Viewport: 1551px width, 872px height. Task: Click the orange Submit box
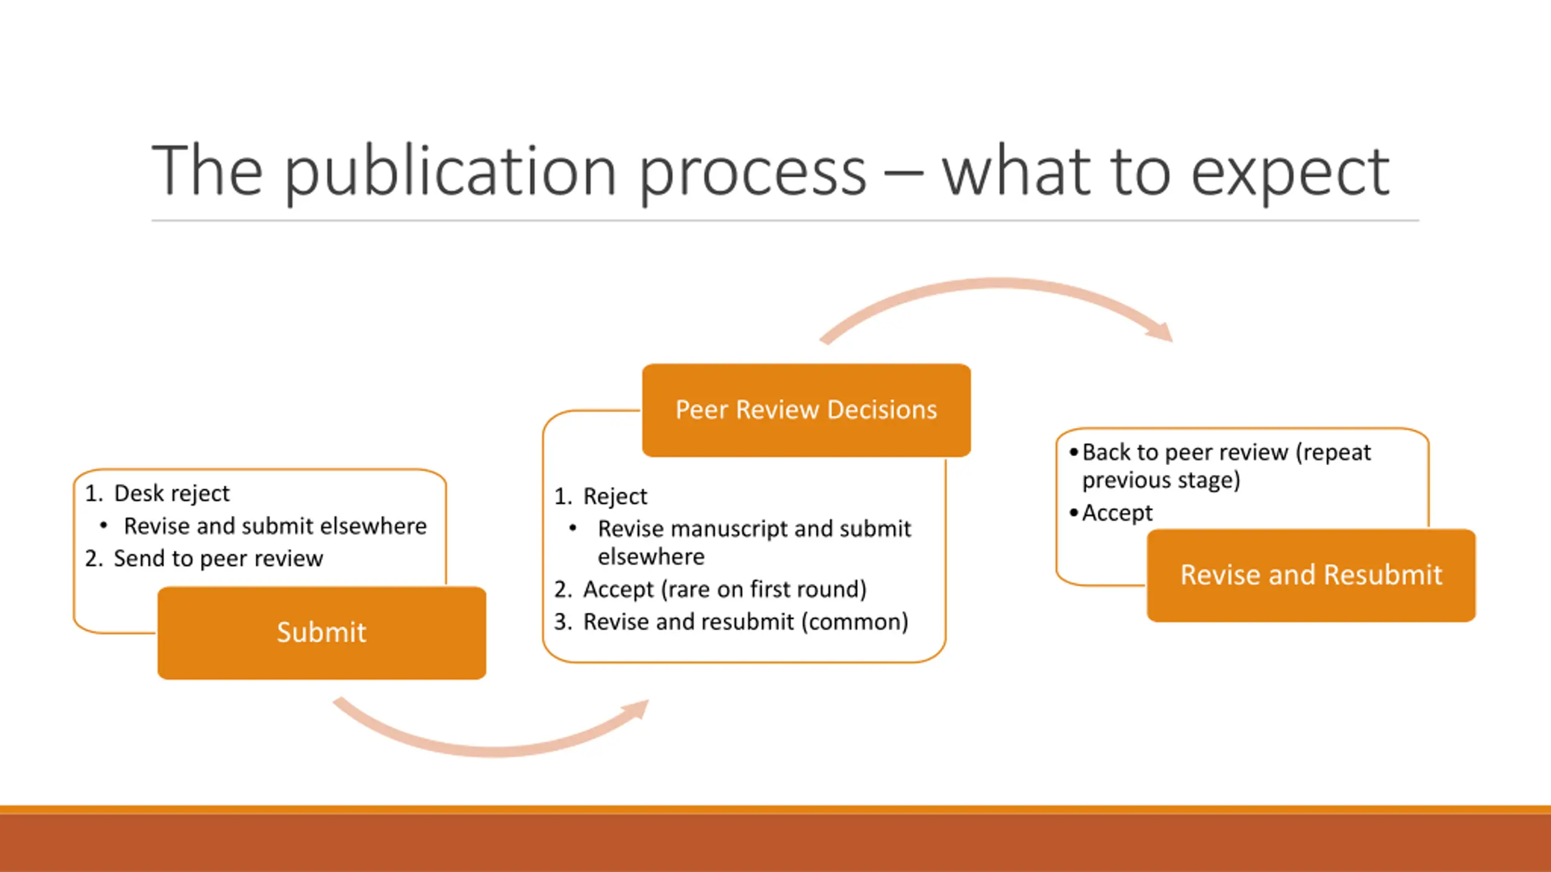[x=321, y=632]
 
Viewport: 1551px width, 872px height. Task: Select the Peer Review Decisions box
[x=806, y=410]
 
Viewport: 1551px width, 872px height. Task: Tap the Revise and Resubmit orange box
[x=1311, y=575]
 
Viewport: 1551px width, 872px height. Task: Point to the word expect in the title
[x=1290, y=173]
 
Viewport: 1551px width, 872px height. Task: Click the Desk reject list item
[x=171, y=494]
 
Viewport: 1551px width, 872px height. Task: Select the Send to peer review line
[x=218, y=558]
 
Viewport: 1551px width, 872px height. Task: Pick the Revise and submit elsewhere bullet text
[x=275, y=526]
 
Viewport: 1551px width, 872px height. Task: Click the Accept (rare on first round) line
[x=725, y=589]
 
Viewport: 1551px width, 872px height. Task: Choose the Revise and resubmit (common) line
[x=745, y=622]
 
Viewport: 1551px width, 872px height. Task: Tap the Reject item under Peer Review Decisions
[x=615, y=497]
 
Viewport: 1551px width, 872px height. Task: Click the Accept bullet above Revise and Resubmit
[x=1117, y=513]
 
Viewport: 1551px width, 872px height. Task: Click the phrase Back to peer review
[x=1185, y=452]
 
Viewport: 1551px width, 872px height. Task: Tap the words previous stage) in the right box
[x=1161, y=480]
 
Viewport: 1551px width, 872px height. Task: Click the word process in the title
[x=752, y=173]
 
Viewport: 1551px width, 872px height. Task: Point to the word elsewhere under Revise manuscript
[x=651, y=557]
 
